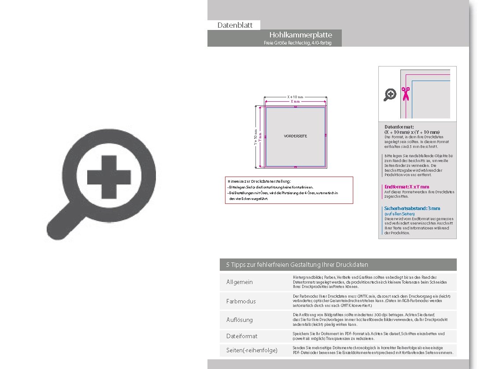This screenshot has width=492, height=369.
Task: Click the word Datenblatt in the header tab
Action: tap(235, 25)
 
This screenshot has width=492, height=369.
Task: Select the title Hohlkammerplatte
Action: tap(300, 35)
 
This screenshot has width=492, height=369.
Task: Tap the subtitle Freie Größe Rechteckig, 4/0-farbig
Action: tap(297, 43)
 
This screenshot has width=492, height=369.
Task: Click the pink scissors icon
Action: tap(405, 94)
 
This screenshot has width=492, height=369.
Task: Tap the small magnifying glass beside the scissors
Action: tap(390, 94)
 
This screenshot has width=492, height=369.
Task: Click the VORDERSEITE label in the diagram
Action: tap(295, 136)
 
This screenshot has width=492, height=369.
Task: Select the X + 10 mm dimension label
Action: tap(295, 96)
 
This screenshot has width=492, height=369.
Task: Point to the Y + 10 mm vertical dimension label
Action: tap(255, 137)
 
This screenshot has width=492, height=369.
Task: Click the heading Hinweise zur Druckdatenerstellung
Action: tap(259, 181)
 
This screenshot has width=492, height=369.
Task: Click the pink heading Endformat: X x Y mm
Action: tap(407, 187)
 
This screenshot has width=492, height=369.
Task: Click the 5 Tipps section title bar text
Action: tap(297, 265)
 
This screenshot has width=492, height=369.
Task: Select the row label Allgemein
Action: tap(240, 282)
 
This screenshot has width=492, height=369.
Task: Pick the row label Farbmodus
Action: tap(241, 301)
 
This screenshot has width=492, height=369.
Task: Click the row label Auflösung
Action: tap(240, 320)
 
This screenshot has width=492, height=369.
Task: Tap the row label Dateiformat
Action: tap(242, 336)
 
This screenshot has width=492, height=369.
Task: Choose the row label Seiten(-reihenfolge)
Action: tap(252, 350)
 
